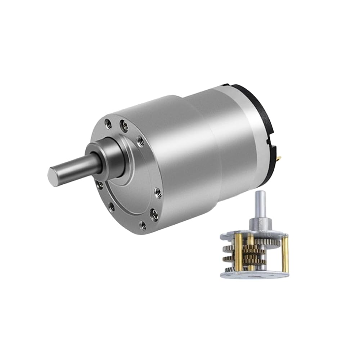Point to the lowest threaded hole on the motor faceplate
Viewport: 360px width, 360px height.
[143, 225]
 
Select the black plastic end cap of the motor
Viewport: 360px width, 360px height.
[252, 108]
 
